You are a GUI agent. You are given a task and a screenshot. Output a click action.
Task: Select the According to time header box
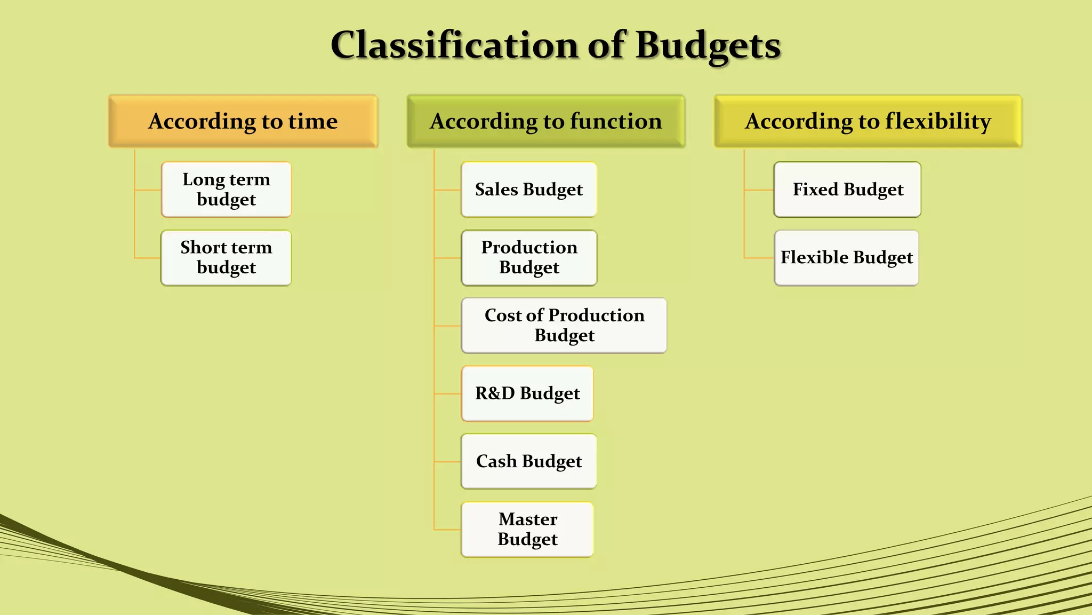(243, 121)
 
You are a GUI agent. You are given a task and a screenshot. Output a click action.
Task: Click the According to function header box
(545, 121)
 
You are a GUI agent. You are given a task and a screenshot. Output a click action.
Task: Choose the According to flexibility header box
(868, 121)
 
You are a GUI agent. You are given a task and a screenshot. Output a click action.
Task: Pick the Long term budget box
(226, 190)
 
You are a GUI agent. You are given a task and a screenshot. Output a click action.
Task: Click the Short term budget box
(226, 258)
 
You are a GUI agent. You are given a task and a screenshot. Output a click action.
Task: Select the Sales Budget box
(528, 190)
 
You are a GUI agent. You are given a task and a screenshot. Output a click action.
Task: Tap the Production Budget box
(528, 258)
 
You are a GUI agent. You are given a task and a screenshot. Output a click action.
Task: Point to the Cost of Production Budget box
(564, 326)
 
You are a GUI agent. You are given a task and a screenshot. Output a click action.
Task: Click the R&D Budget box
(527, 393)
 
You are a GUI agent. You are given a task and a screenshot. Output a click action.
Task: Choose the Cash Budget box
(528, 461)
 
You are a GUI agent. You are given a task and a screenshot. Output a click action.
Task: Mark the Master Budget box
(527, 530)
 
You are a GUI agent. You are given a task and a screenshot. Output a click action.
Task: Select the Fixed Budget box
(847, 190)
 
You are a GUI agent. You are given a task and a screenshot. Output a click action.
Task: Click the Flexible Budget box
(846, 258)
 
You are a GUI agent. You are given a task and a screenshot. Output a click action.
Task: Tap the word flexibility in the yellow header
(938, 121)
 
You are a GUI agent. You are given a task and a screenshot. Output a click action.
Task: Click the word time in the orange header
(313, 121)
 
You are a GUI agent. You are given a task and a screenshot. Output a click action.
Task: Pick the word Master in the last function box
(528, 519)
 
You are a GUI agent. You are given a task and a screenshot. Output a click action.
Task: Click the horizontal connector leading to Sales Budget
(448, 190)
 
